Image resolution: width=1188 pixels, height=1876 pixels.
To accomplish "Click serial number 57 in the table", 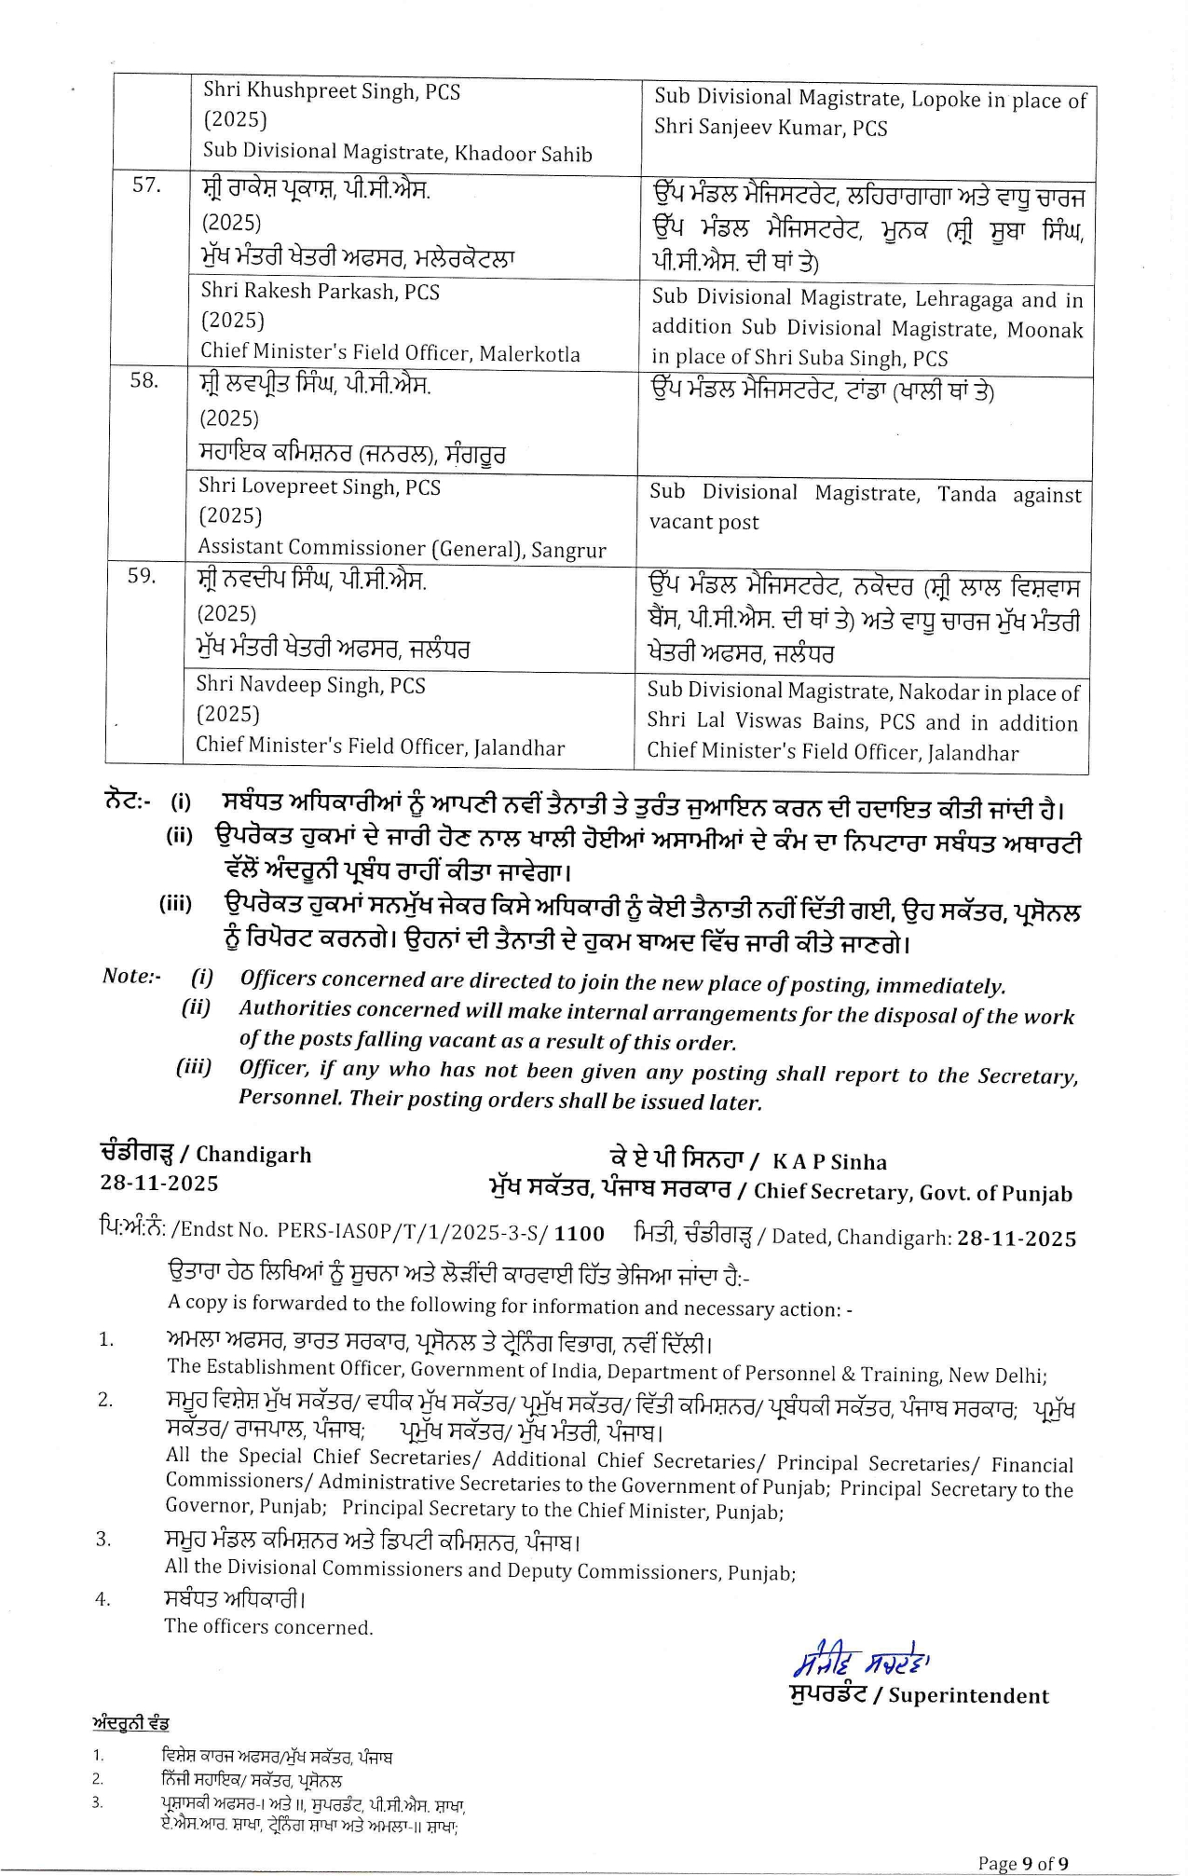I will (x=146, y=185).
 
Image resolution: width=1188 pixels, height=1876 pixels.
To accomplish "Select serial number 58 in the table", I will (x=143, y=381).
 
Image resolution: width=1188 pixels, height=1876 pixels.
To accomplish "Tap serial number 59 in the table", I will (x=142, y=577).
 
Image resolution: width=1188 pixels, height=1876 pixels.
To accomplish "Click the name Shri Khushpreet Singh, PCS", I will (x=332, y=91).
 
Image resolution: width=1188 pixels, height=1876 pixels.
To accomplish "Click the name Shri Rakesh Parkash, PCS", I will (x=321, y=292).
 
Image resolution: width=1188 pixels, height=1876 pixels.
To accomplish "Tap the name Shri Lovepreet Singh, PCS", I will (x=320, y=487).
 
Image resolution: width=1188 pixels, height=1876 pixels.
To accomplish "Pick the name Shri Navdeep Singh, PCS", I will (x=310, y=685).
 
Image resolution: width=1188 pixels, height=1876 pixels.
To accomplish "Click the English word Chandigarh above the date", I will (x=253, y=1155).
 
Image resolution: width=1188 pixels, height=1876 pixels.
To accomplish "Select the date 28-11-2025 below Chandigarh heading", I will (x=159, y=1184).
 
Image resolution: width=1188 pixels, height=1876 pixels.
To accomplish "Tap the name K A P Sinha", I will (x=829, y=1162).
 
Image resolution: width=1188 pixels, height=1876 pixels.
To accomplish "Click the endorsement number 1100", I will (x=580, y=1234).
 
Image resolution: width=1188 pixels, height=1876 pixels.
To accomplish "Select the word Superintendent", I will (x=968, y=1695).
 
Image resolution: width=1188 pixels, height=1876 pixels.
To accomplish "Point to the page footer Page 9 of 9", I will (x=1023, y=1863).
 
